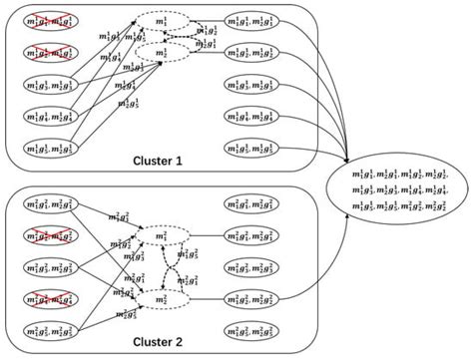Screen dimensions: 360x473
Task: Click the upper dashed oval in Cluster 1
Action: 162,21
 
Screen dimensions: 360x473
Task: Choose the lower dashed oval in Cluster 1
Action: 162,51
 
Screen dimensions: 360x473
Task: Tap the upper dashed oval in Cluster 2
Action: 162,235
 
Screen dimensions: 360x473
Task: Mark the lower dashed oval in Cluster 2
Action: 162,296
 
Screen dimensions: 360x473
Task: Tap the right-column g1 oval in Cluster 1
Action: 257,21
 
